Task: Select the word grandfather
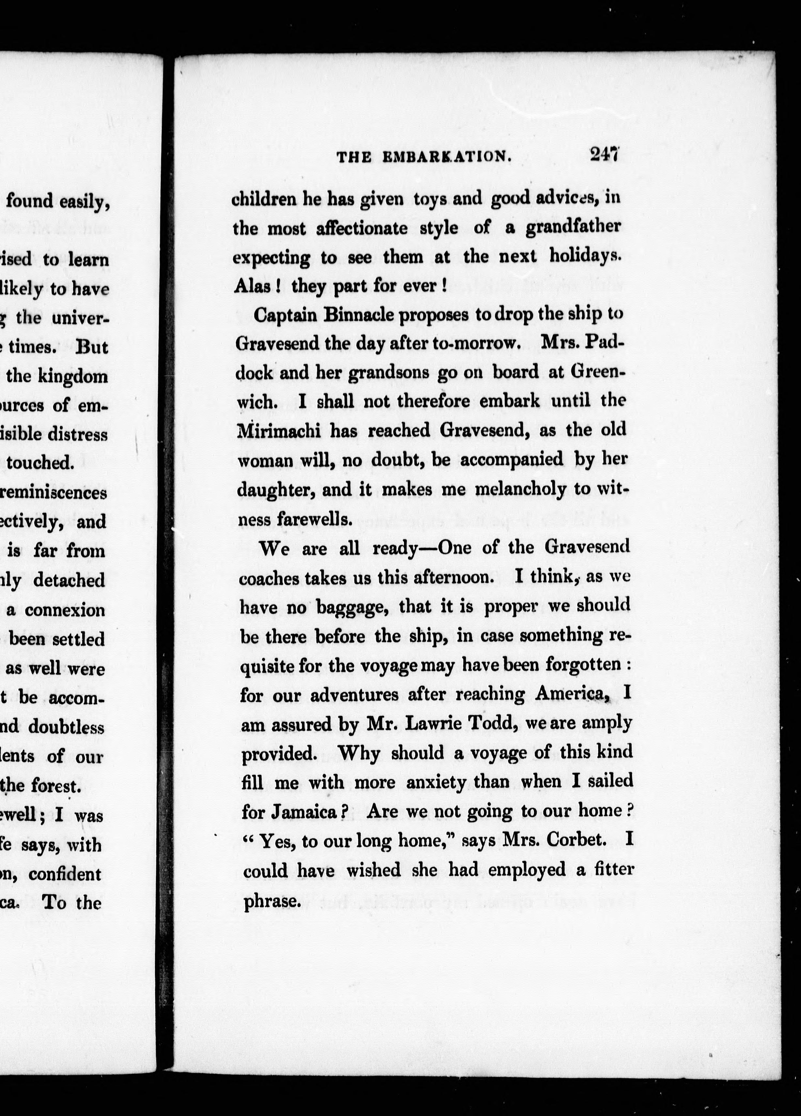573,227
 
